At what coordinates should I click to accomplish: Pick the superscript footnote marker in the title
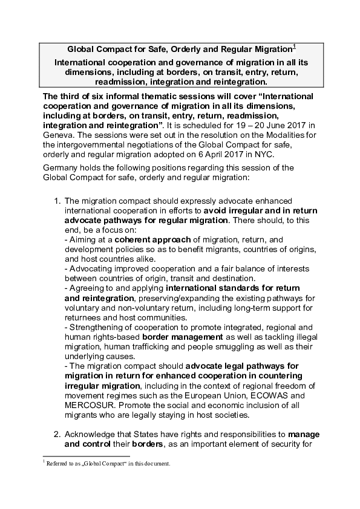pyautogui.click(x=295, y=46)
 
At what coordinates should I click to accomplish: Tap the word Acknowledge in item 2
pyautogui.click(x=93, y=434)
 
